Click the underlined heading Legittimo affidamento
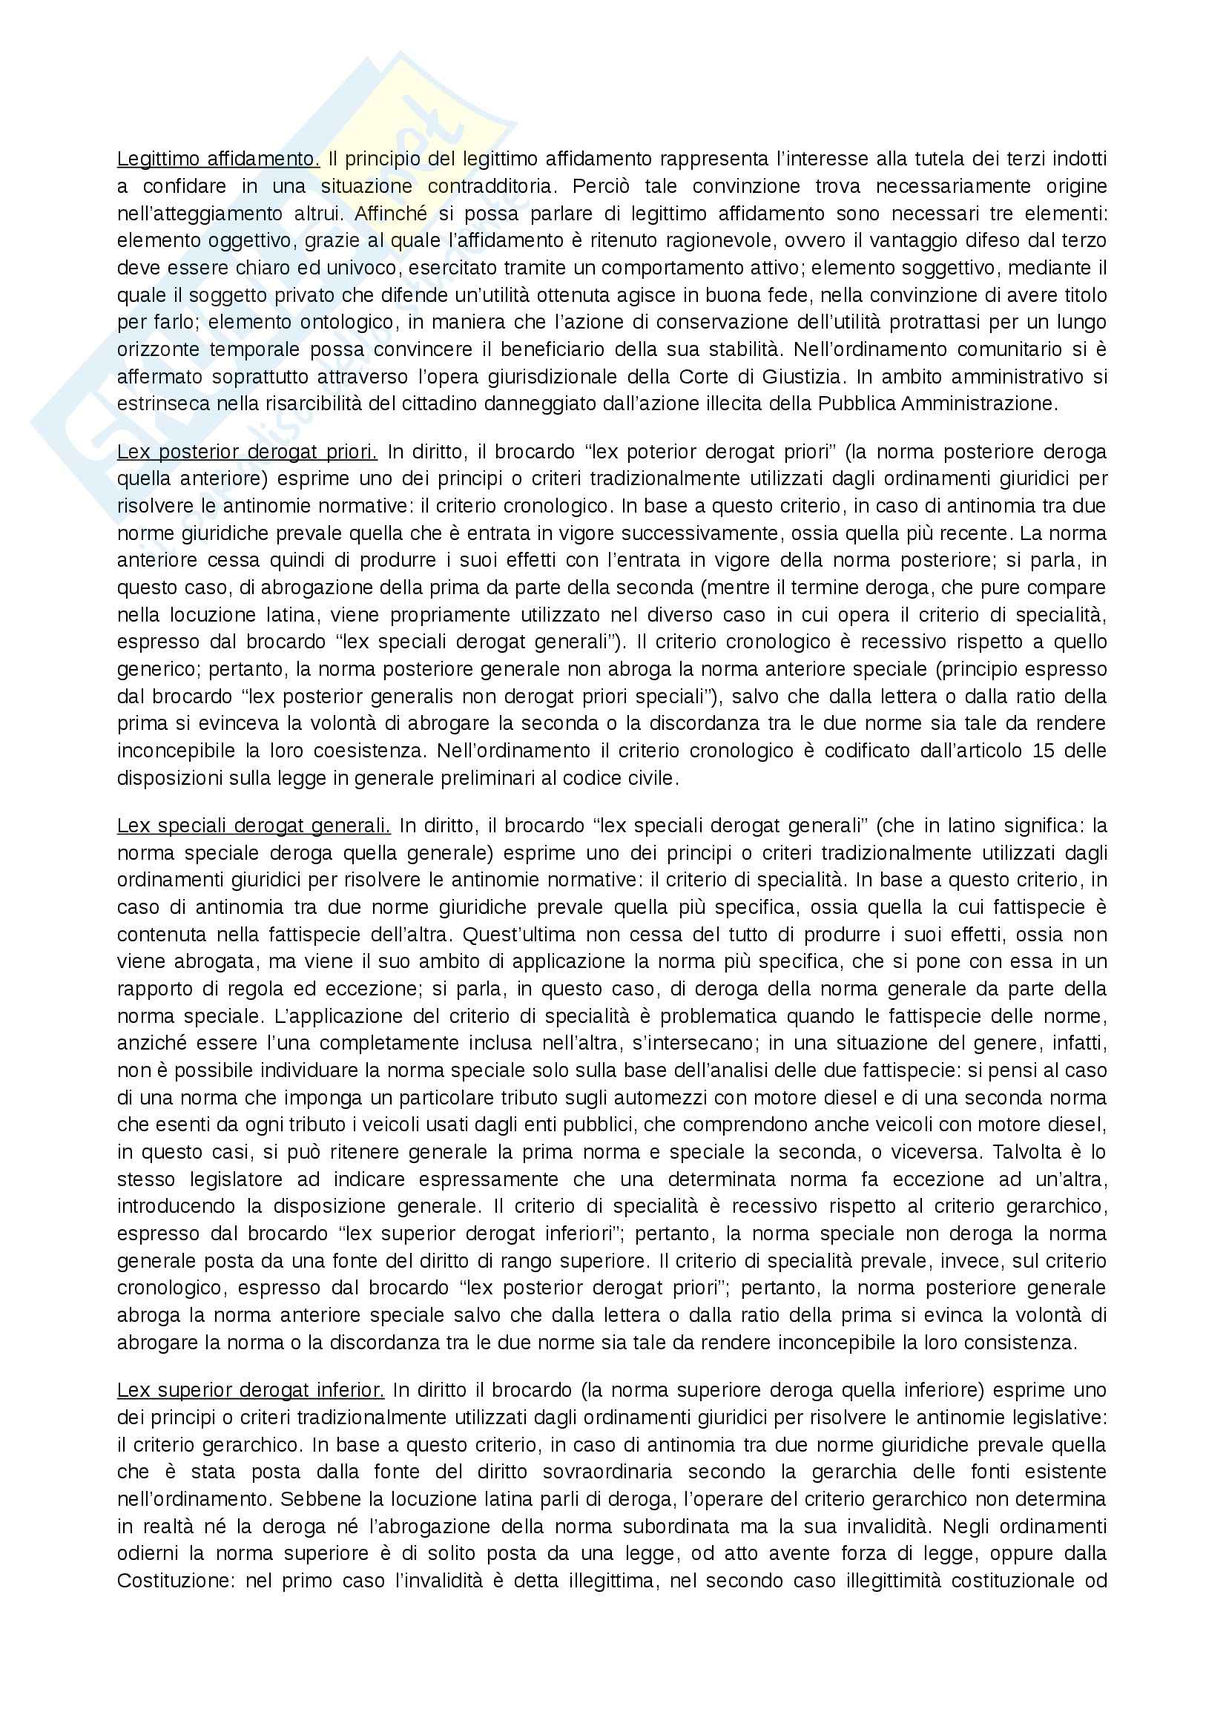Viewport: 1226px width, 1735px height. point(218,159)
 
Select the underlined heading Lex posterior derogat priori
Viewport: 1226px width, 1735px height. point(247,452)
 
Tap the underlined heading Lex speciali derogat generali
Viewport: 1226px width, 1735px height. point(253,825)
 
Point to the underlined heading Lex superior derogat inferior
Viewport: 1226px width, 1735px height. point(251,1389)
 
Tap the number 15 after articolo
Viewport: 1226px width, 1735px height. point(1024,751)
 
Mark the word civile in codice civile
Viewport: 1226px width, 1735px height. point(651,777)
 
